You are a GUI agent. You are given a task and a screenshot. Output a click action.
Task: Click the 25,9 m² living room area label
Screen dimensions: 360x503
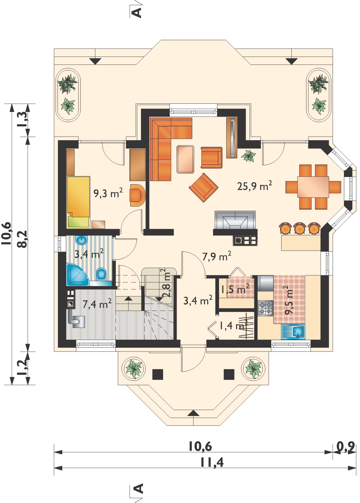coord(255,185)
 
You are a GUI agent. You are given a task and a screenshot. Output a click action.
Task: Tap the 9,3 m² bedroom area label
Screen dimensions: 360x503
coord(108,193)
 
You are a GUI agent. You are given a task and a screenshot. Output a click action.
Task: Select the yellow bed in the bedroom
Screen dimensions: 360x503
coord(78,202)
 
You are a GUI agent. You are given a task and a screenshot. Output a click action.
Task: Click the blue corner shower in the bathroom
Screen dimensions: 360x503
coord(77,275)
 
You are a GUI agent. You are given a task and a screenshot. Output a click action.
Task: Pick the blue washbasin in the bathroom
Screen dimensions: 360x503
coord(82,240)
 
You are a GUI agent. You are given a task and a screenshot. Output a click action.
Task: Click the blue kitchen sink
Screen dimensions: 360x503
coord(293,331)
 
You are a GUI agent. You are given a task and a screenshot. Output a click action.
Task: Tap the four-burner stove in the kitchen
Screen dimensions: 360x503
coord(265,308)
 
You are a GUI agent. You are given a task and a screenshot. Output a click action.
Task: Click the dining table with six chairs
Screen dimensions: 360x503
coord(313,187)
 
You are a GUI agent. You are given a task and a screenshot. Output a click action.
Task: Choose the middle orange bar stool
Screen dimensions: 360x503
coord(299,228)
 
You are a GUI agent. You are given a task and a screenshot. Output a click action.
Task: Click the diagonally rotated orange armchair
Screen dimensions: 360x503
coord(204,187)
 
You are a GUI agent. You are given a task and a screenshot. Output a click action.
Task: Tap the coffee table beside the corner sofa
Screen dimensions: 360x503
coord(185,159)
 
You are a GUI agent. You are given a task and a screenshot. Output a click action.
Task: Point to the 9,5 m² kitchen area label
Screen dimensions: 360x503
coord(288,300)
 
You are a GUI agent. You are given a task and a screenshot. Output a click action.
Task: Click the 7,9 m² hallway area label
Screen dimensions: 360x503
coord(217,256)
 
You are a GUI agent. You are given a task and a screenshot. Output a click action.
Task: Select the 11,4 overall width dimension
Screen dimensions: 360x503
coord(212,463)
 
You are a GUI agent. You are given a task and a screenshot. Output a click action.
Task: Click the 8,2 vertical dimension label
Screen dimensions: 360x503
coord(23,239)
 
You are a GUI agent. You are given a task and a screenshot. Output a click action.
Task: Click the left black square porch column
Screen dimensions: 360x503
coord(158,374)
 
